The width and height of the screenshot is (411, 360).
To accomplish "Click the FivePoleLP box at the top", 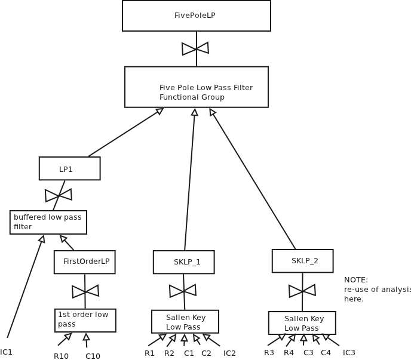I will pyautogui.click(x=196, y=16).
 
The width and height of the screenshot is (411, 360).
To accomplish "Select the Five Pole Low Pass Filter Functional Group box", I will pyautogui.click(x=196, y=87).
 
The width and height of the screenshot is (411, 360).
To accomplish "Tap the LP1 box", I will pyautogui.click(x=69, y=168).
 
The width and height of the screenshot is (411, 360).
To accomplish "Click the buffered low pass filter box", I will pyautogui.click(x=48, y=222).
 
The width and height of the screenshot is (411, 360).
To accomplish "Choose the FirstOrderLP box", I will pyautogui.click(x=84, y=262).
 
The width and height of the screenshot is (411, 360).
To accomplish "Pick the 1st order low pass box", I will pyautogui.click(x=85, y=320).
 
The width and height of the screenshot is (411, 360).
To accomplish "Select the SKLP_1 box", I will pyautogui.click(x=183, y=262).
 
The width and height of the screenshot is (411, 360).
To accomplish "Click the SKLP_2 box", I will pyautogui.click(x=302, y=261).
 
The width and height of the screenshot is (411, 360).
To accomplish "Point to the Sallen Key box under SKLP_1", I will pyautogui.click(x=185, y=322).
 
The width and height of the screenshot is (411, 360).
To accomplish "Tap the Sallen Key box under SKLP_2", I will pyautogui.click(x=302, y=323).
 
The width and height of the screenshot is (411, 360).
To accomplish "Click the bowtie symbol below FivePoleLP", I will pyautogui.click(x=195, y=48).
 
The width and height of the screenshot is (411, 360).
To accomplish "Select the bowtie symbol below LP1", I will pyautogui.click(x=59, y=195).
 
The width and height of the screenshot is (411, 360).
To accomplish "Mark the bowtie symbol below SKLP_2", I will pyautogui.click(x=302, y=291).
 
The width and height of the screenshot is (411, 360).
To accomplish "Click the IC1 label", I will pyautogui.click(x=7, y=352).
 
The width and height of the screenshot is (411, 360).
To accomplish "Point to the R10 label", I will pyautogui.click(x=61, y=356).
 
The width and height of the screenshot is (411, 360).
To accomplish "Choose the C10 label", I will pyautogui.click(x=93, y=356).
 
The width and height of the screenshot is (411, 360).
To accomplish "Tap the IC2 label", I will pyautogui.click(x=229, y=353).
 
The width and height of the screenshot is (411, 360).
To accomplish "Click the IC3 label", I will pyautogui.click(x=349, y=353).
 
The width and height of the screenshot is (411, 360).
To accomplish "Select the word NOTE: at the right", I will pyautogui.click(x=356, y=280).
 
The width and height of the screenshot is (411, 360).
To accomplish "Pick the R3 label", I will pyautogui.click(x=269, y=353).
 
